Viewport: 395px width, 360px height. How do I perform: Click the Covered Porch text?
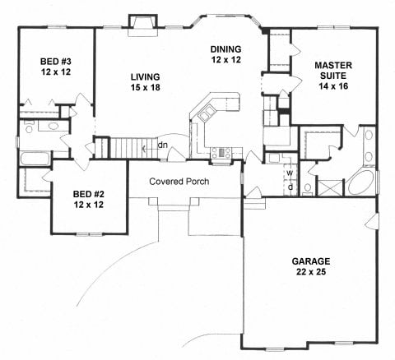(x=179, y=181)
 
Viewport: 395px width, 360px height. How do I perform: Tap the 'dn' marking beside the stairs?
(x=163, y=147)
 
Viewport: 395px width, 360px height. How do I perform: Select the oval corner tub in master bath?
(x=360, y=182)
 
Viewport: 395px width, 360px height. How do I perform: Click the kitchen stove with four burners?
(x=221, y=151)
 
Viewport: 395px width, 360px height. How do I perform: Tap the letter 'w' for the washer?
(x=290, y=173)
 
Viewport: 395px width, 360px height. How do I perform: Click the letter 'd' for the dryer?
(x=290, y=186)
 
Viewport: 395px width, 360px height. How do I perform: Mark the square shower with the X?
(x=329, y=187)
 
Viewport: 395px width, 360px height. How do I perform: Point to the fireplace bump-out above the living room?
(x=136, y=21)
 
